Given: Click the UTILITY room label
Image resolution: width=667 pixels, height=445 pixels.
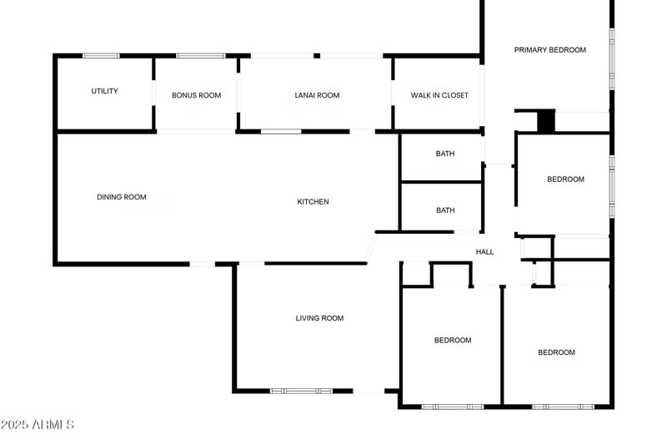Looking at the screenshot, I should point(105,91).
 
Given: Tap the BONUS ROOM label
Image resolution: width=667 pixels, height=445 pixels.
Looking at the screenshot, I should point(197,95).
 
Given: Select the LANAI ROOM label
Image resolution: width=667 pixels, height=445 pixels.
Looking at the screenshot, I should point(317,95).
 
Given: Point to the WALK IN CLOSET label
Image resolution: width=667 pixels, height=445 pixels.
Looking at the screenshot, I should point(439,95).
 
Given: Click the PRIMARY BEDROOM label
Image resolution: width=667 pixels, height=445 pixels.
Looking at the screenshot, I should point(549,50).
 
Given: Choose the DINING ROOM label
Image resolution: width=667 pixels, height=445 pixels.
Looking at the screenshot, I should point(122,197).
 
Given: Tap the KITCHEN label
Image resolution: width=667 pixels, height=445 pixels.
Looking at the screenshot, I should point(313,201).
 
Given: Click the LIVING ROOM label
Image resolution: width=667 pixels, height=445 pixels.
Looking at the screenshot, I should point(319,318).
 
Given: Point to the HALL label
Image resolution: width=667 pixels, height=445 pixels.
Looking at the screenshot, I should point(484,251).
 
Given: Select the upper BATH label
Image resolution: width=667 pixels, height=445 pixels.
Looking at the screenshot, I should point(445,154).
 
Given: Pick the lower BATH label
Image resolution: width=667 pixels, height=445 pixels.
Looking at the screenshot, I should point(445,210).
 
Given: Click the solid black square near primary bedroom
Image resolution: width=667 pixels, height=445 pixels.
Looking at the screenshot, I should point(546,121).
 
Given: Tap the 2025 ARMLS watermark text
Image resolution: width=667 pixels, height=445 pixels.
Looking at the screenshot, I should point(38,425).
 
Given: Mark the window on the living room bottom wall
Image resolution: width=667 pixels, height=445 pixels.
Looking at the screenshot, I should point(301,391).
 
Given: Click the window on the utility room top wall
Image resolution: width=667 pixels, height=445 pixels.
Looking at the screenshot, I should point(101,56).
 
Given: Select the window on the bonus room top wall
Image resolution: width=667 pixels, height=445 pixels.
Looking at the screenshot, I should point(200,56).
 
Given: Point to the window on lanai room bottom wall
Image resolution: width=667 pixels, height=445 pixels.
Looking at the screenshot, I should point(281,131).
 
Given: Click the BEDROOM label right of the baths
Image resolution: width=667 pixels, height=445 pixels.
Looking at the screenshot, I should point(565,180).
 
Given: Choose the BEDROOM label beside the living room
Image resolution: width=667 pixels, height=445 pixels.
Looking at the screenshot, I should point(453,340).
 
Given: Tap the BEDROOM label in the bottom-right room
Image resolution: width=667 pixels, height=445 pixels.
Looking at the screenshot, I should point(556,352).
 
